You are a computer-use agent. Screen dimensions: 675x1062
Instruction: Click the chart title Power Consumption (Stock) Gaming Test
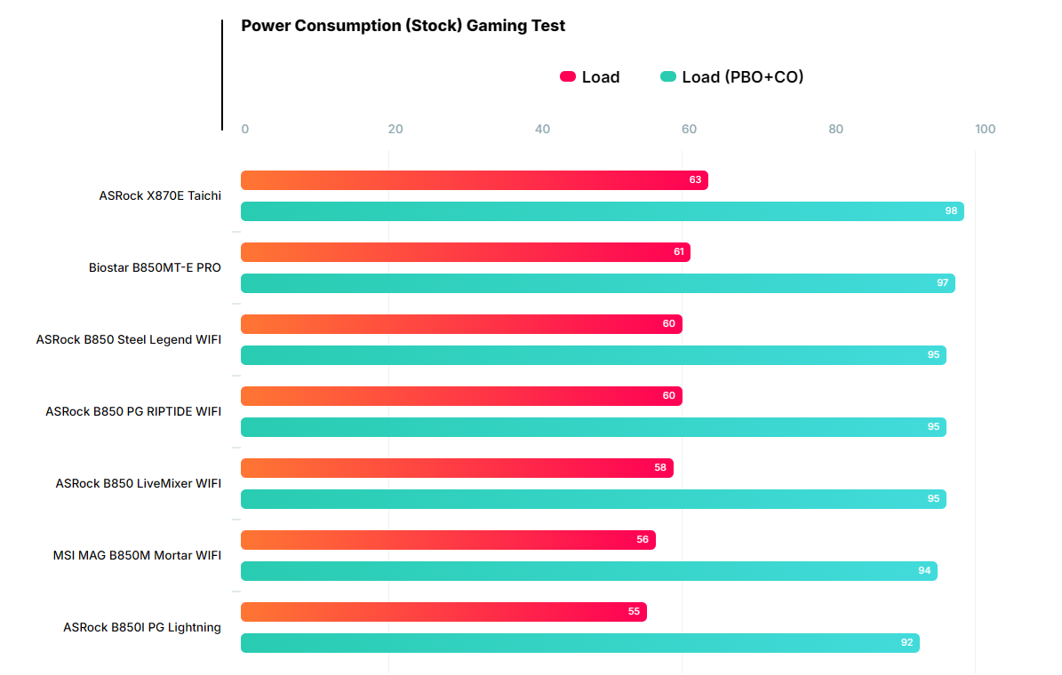click(403, 26)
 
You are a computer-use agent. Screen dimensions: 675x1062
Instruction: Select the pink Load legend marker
click(568, 77)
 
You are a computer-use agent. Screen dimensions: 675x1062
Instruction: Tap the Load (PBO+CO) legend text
click(742, 77)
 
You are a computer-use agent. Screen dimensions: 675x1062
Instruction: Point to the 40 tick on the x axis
click(542, 130)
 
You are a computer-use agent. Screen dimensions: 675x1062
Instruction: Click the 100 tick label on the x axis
click(985, 130)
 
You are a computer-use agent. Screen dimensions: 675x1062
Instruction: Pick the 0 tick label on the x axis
click(245, 130)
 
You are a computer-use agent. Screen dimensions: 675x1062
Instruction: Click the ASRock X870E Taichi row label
click(160, 196)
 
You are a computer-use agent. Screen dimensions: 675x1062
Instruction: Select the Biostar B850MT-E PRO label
click(155, 268)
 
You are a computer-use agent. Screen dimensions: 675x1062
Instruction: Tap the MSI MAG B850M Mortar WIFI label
click(137, 556)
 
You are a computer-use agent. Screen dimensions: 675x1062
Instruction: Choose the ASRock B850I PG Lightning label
click(142, 628)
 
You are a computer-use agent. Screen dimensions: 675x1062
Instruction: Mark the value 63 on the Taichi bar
click(695, 180)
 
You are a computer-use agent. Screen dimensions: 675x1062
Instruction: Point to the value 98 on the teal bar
click(951, 211)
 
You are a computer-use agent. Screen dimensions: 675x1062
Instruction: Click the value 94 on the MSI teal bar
click(924, 571)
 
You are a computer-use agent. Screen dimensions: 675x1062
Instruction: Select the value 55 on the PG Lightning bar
click(634, 612)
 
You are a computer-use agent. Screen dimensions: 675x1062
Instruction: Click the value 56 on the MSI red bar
click(643, 540)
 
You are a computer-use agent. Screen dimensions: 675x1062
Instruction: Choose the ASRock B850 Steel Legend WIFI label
click(129, 340)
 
